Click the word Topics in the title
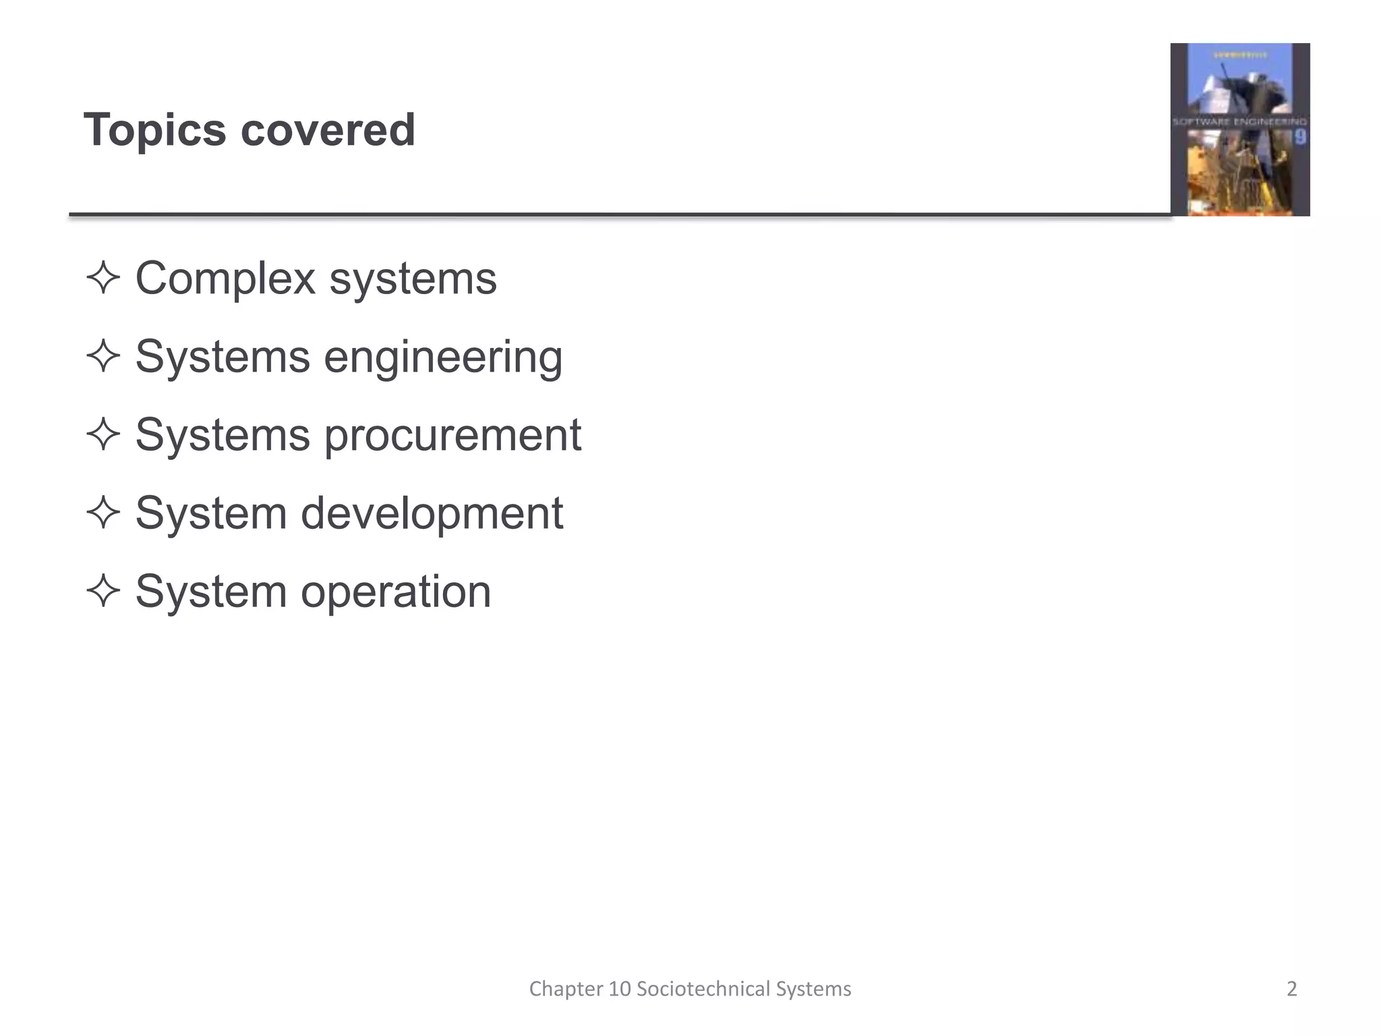(154, 130)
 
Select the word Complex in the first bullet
(225, 279)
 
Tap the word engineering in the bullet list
(443, 357)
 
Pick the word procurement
(452, 435)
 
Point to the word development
(432, 513)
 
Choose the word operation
(396, 592)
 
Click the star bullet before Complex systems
(103, 278)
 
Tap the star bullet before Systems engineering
(103, 356)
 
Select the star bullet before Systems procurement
(103, 434)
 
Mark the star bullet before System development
(103, 513)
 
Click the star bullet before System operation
(103, 591)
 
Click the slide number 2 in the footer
(1291, 989)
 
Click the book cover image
(1239, 129)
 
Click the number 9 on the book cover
(1300, 138)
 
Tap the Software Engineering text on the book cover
(1239, 122)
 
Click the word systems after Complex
(413, 279)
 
